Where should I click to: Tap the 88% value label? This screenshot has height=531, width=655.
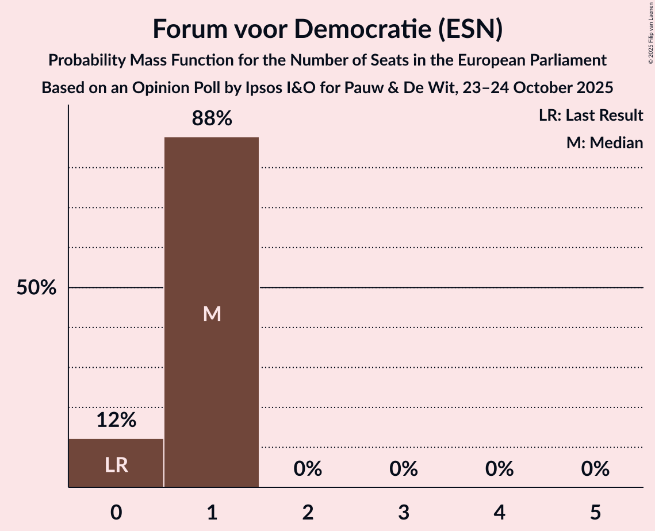click(x=212, y=119)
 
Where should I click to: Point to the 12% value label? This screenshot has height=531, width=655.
click(x=116, y=420)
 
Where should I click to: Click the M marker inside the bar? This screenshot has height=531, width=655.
click(x=212, y=314)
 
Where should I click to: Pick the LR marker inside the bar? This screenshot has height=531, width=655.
click(x=116, y=465)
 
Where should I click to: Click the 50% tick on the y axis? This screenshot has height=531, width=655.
click(x=36, y=288)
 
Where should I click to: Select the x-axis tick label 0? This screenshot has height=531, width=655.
click(x=116, y=512)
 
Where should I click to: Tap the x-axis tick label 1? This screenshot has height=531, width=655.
click(x=212, y=512)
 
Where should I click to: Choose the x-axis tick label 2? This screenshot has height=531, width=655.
click(x=308, y=512)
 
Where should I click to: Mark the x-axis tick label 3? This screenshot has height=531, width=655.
click(x=404, y=512)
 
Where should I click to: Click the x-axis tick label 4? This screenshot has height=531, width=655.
click(x=499, y=512)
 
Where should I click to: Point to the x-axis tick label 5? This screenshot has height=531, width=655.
click(x=595, y=512)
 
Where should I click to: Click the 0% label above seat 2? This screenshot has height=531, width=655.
click(x=308, y=469)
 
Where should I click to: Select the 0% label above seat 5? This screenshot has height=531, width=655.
click(x=595, y=469)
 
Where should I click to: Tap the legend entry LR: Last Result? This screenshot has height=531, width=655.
click(x=591, y=116)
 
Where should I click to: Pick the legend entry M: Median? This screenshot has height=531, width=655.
click(x=604, y=143)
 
